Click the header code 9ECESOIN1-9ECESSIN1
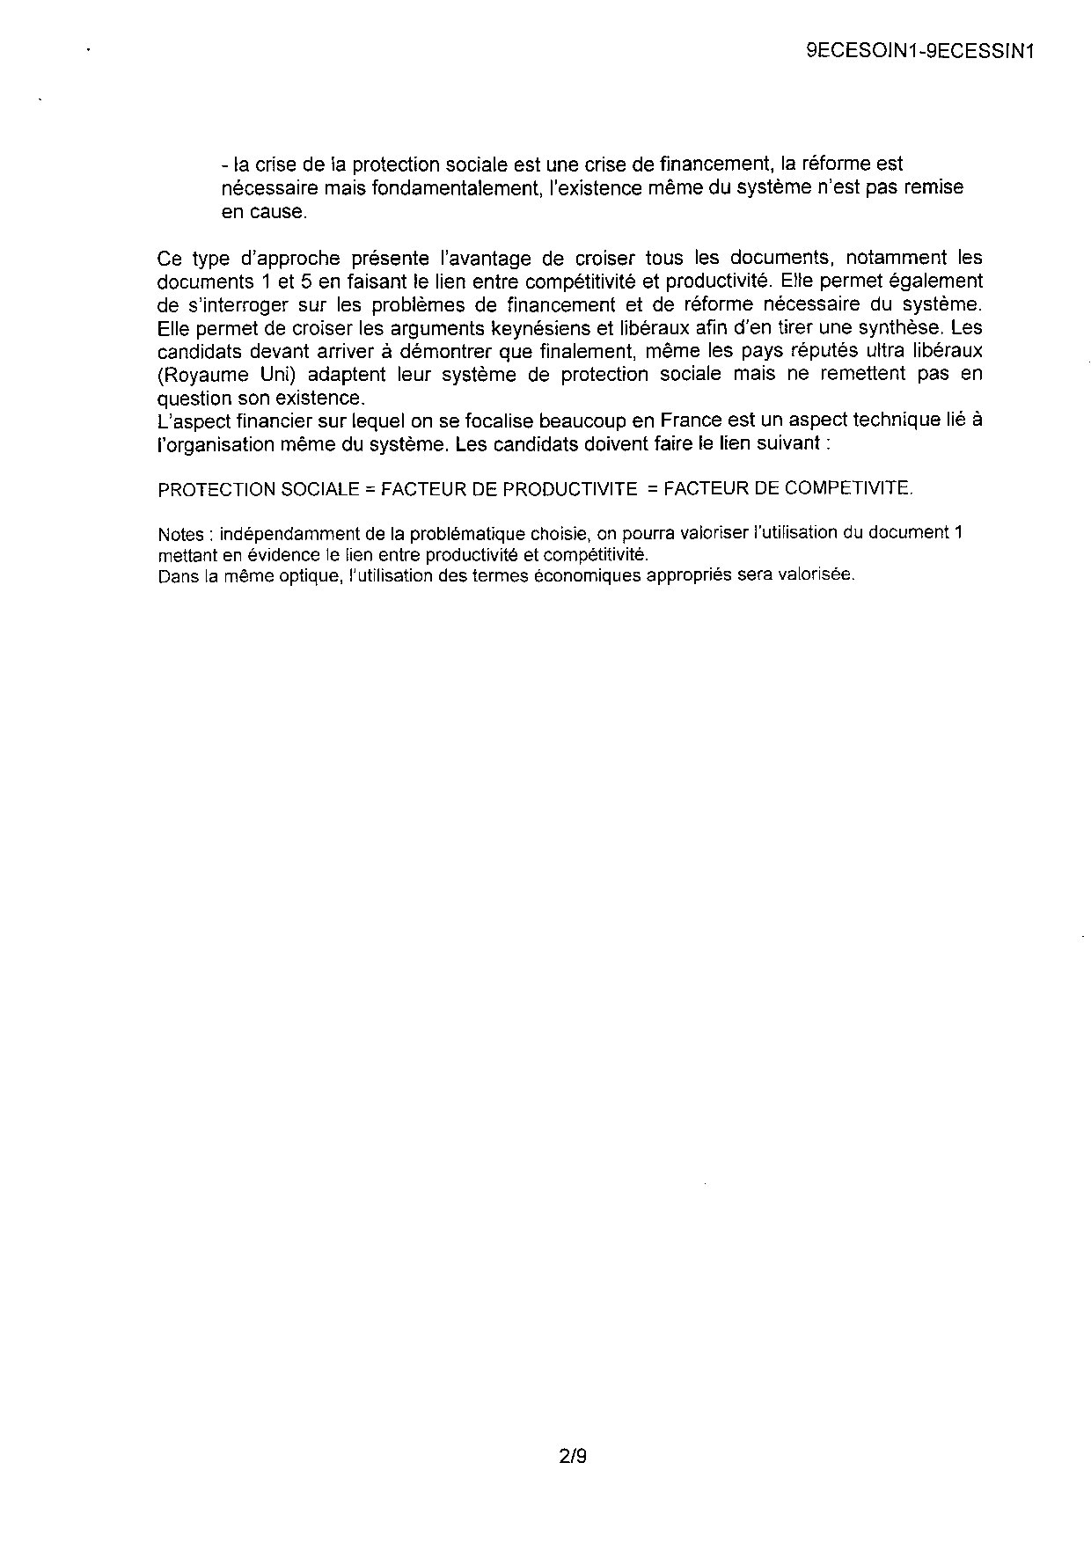click(919, 51)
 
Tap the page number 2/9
click(572, 1457)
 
